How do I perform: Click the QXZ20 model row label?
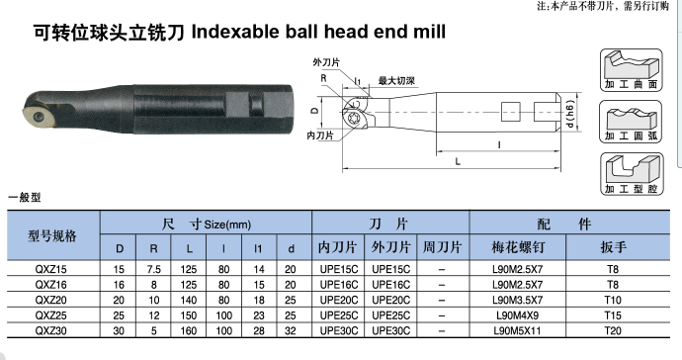[50, 300]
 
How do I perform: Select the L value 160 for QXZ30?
[189, 331]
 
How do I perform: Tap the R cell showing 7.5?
[153, 269]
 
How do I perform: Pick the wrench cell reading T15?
[613, 315]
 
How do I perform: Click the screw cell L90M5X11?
[517, 331]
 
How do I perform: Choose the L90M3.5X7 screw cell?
[518, 300]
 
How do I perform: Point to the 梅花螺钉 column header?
[518, 247]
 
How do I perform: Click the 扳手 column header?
[613, 247]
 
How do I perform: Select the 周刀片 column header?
[442, 247]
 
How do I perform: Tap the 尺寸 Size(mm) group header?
[207, 225]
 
